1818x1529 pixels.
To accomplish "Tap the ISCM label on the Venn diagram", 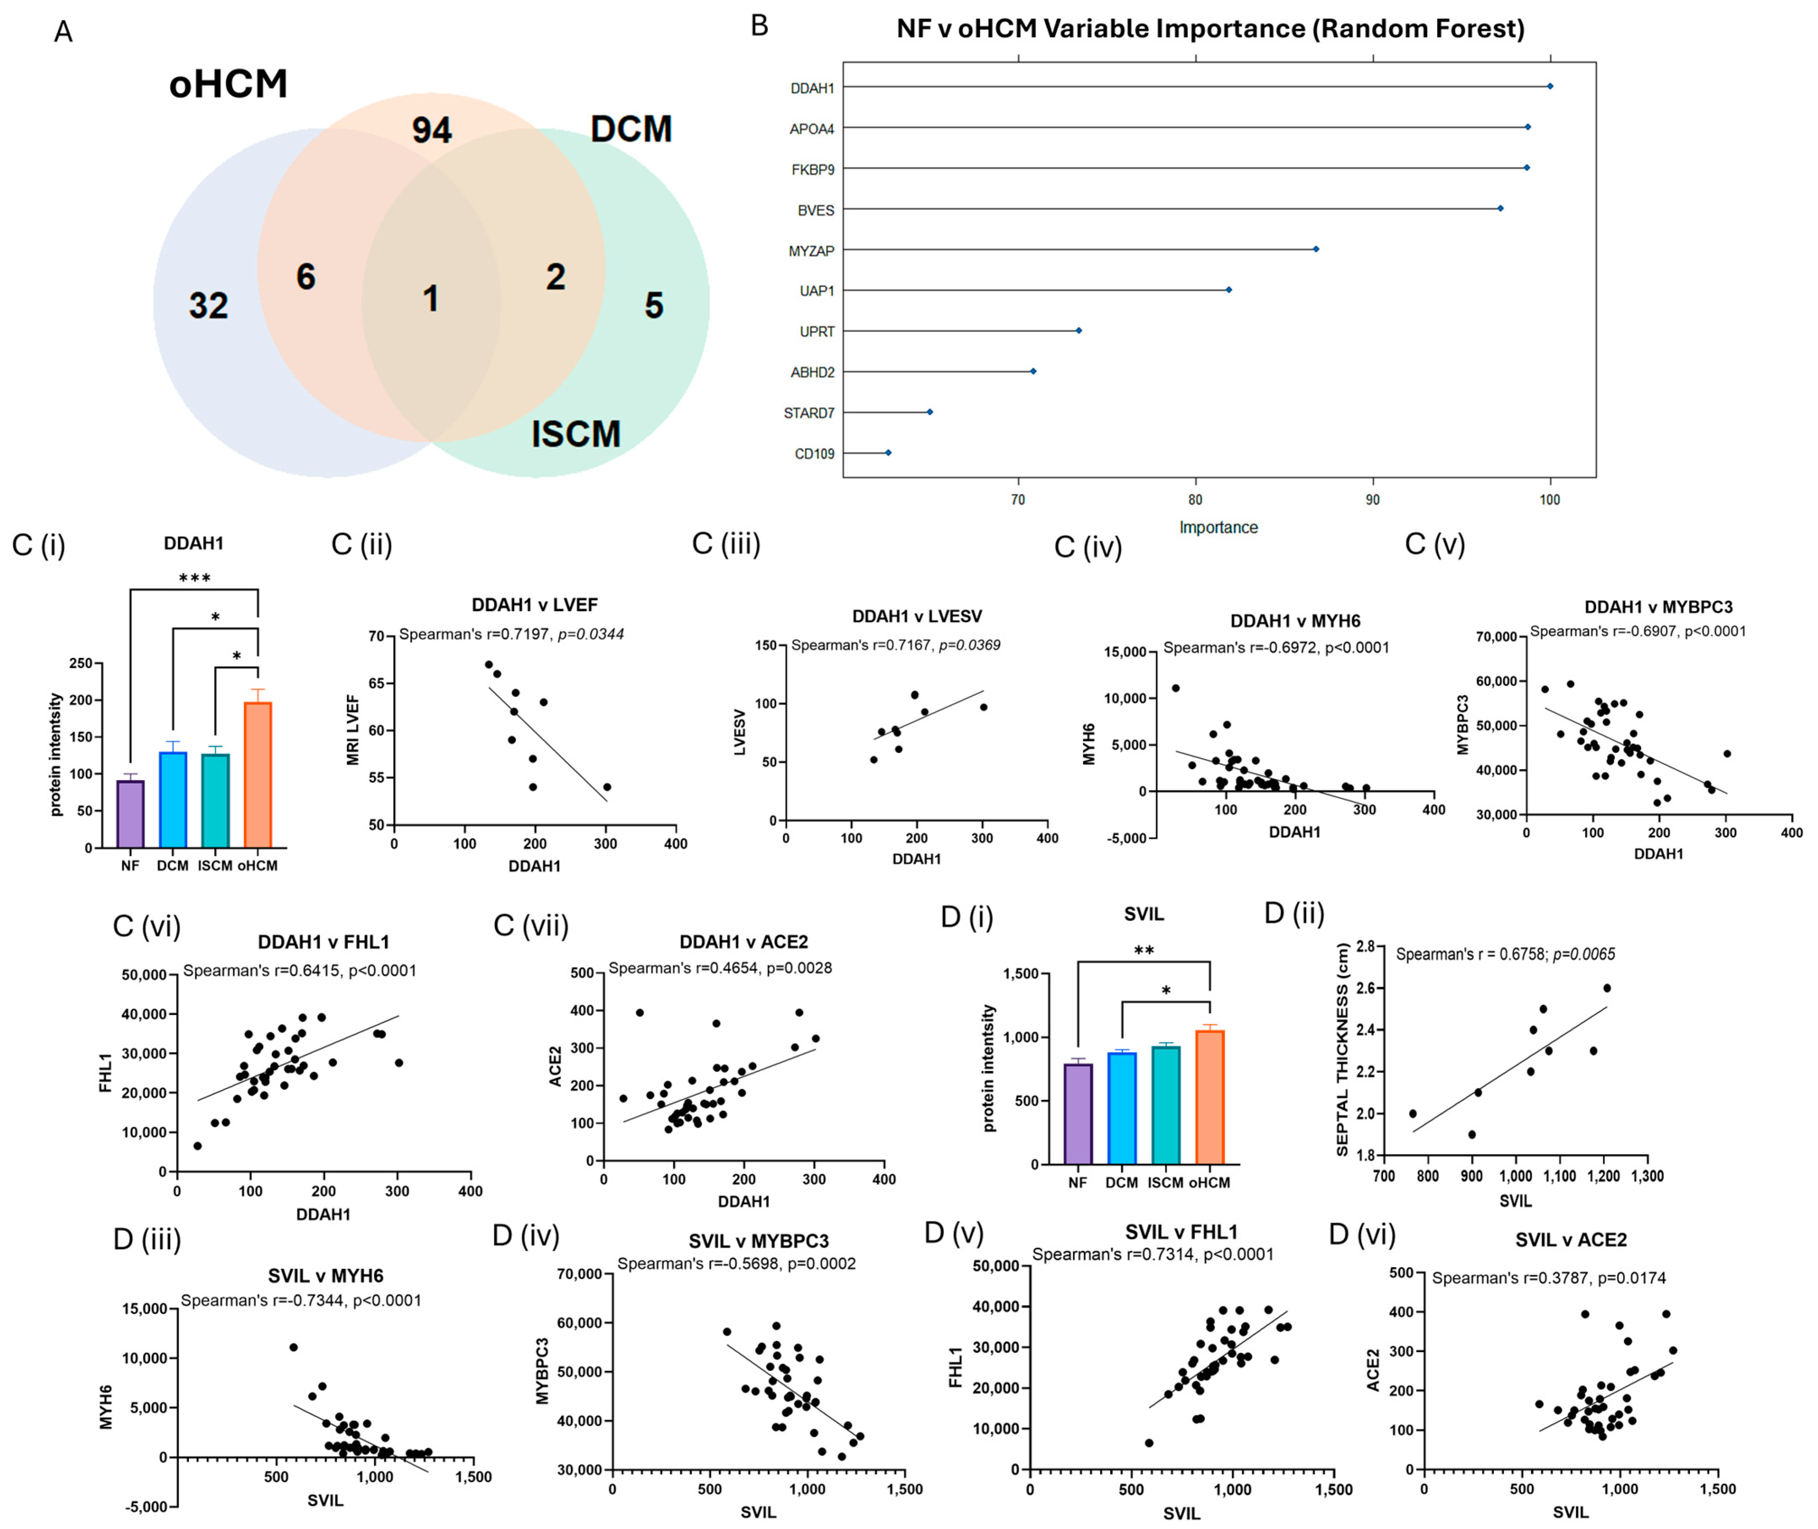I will coord(576,433).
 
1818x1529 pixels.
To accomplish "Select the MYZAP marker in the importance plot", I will coord(1315,250).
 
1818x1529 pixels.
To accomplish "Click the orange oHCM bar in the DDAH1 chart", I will coord(257,774).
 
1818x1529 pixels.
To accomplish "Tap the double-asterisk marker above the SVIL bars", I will coord(1144,951).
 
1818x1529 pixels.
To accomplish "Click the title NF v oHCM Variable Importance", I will coord(1210,29).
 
